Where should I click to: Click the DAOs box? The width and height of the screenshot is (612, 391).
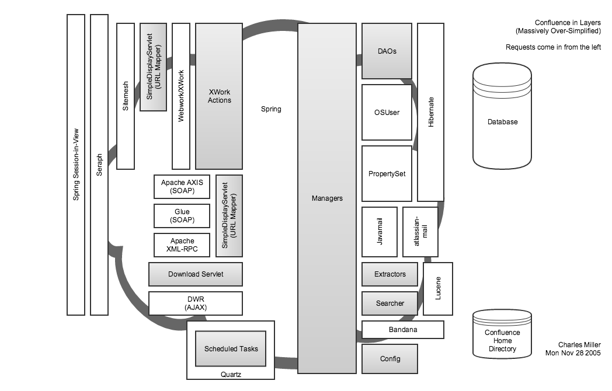387,51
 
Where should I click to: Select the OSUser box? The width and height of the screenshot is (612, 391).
387,112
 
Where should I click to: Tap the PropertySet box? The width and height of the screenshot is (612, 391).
387,173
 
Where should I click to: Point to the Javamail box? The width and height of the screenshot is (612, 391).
380,232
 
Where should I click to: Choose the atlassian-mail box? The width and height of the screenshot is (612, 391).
420,232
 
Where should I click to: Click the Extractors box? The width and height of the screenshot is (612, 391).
390,274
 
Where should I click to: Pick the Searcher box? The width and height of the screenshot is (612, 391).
390,303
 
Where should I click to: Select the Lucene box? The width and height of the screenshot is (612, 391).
438,289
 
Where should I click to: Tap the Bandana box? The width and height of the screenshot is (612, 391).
402,330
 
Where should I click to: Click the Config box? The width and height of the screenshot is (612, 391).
390,358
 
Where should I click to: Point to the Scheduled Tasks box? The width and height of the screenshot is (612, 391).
231,349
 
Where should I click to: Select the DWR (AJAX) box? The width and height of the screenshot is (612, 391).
195,303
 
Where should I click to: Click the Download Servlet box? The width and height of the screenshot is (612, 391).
195,274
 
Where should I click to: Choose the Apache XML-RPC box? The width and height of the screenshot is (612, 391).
182,245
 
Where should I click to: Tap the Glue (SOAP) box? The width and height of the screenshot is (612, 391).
182,216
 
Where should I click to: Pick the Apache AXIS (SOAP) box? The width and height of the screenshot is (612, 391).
182,187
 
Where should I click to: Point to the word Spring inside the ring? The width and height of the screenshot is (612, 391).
270,109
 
